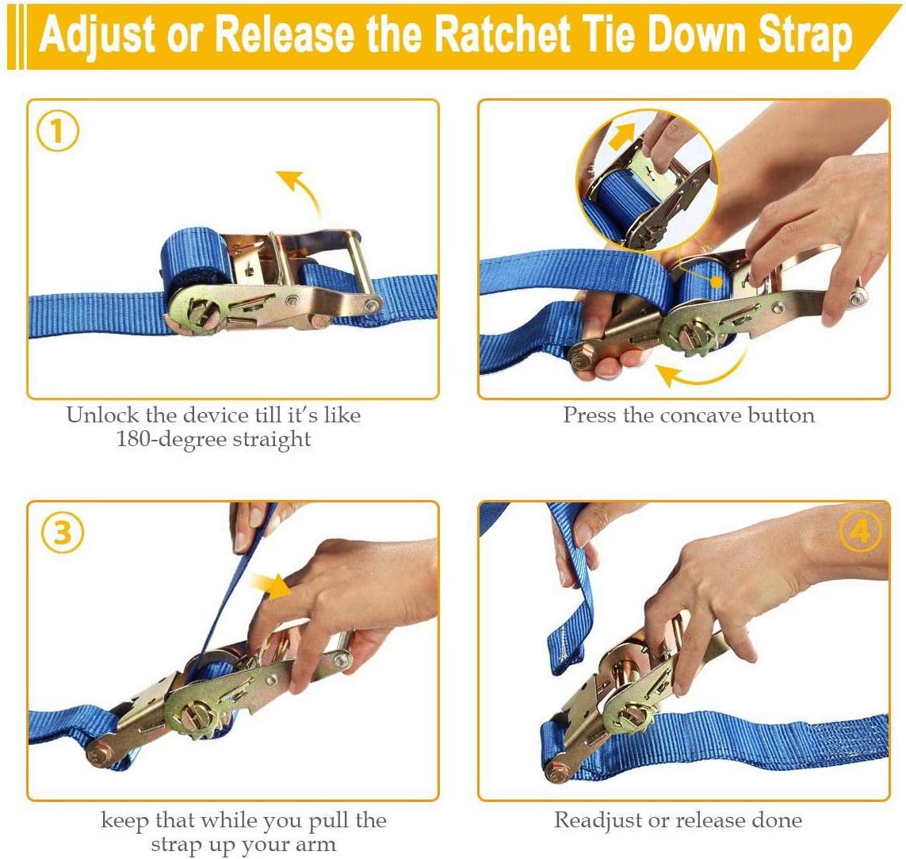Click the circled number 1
pyautogui.click(x=57, y=131)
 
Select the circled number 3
pyautogui.click(x=63, y=533)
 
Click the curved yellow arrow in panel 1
pyautogui.click(x=304, y=190)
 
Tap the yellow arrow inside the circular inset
pyautogui.click(x=621, y=136)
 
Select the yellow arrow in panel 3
pyautogui.click(x=270, y=586)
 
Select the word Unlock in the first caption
pyautogui.click(x=102, y=414)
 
